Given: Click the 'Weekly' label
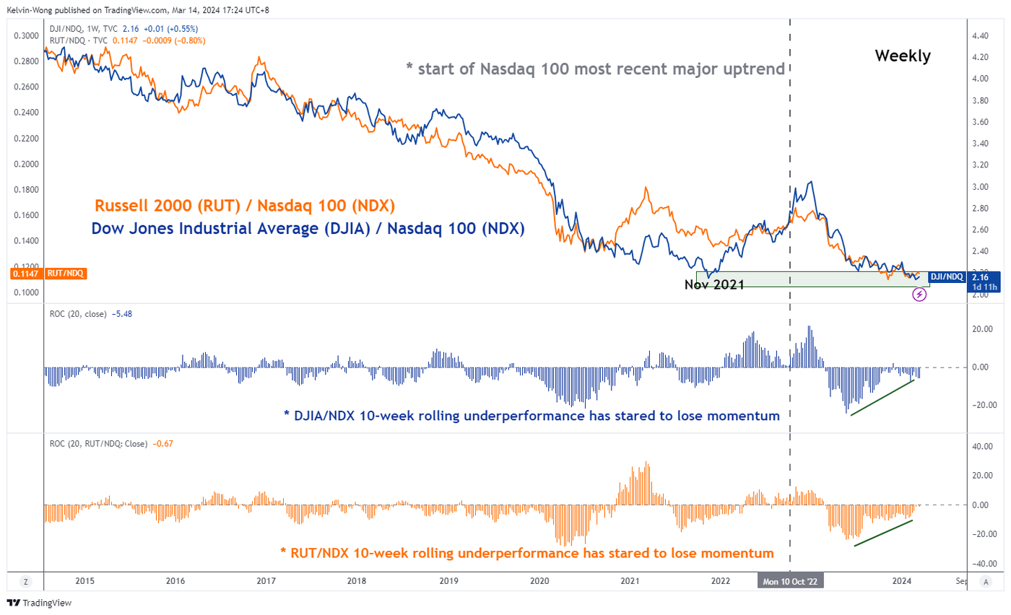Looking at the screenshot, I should point(903,56).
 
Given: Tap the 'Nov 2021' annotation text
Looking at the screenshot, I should point(714,284).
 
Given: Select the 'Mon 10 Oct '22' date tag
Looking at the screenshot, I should point(790,580).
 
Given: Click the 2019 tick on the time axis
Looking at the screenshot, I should point(448,580).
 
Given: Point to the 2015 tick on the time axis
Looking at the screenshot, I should point(84,580).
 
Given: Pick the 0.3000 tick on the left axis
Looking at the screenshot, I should point(27,35).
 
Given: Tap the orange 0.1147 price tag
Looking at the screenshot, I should point(25,274).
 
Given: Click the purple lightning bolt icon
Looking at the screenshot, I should point(919,294).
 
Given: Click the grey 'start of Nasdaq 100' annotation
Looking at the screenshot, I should point(595,69).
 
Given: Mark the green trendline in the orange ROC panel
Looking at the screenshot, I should point(885,533).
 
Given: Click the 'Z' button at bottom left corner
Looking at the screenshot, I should point(25,580).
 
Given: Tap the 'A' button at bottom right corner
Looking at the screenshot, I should point(985,580).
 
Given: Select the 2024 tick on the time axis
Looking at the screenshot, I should point(901,580).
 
